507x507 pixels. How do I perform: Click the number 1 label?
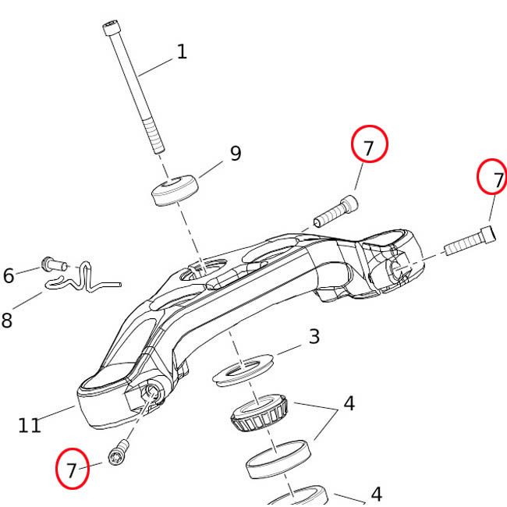click(x=182, y=52)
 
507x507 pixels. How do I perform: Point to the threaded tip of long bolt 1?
click(x=158, y=144)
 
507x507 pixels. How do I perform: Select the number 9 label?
click(x=235, y=154)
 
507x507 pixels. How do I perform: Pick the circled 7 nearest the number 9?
click(x=369, y=146)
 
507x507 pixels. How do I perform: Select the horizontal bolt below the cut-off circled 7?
click(x=470, y=239)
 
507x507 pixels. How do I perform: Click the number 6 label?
click(x=9, y=275)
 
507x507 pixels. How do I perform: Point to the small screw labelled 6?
click(x=51, y=266)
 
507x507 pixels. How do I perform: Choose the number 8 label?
click(x=7, y=320)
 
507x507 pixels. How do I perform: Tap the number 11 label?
click(x=30, y=426)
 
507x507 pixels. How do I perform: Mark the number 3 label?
click(x=314, y=337)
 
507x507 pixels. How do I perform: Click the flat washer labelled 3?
click(x=243, y=370)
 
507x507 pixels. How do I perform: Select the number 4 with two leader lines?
click(x=349, y=404)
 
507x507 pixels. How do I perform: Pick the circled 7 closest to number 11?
click(x=73, y=470)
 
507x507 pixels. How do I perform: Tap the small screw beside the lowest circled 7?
click(x=119, y=453)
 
